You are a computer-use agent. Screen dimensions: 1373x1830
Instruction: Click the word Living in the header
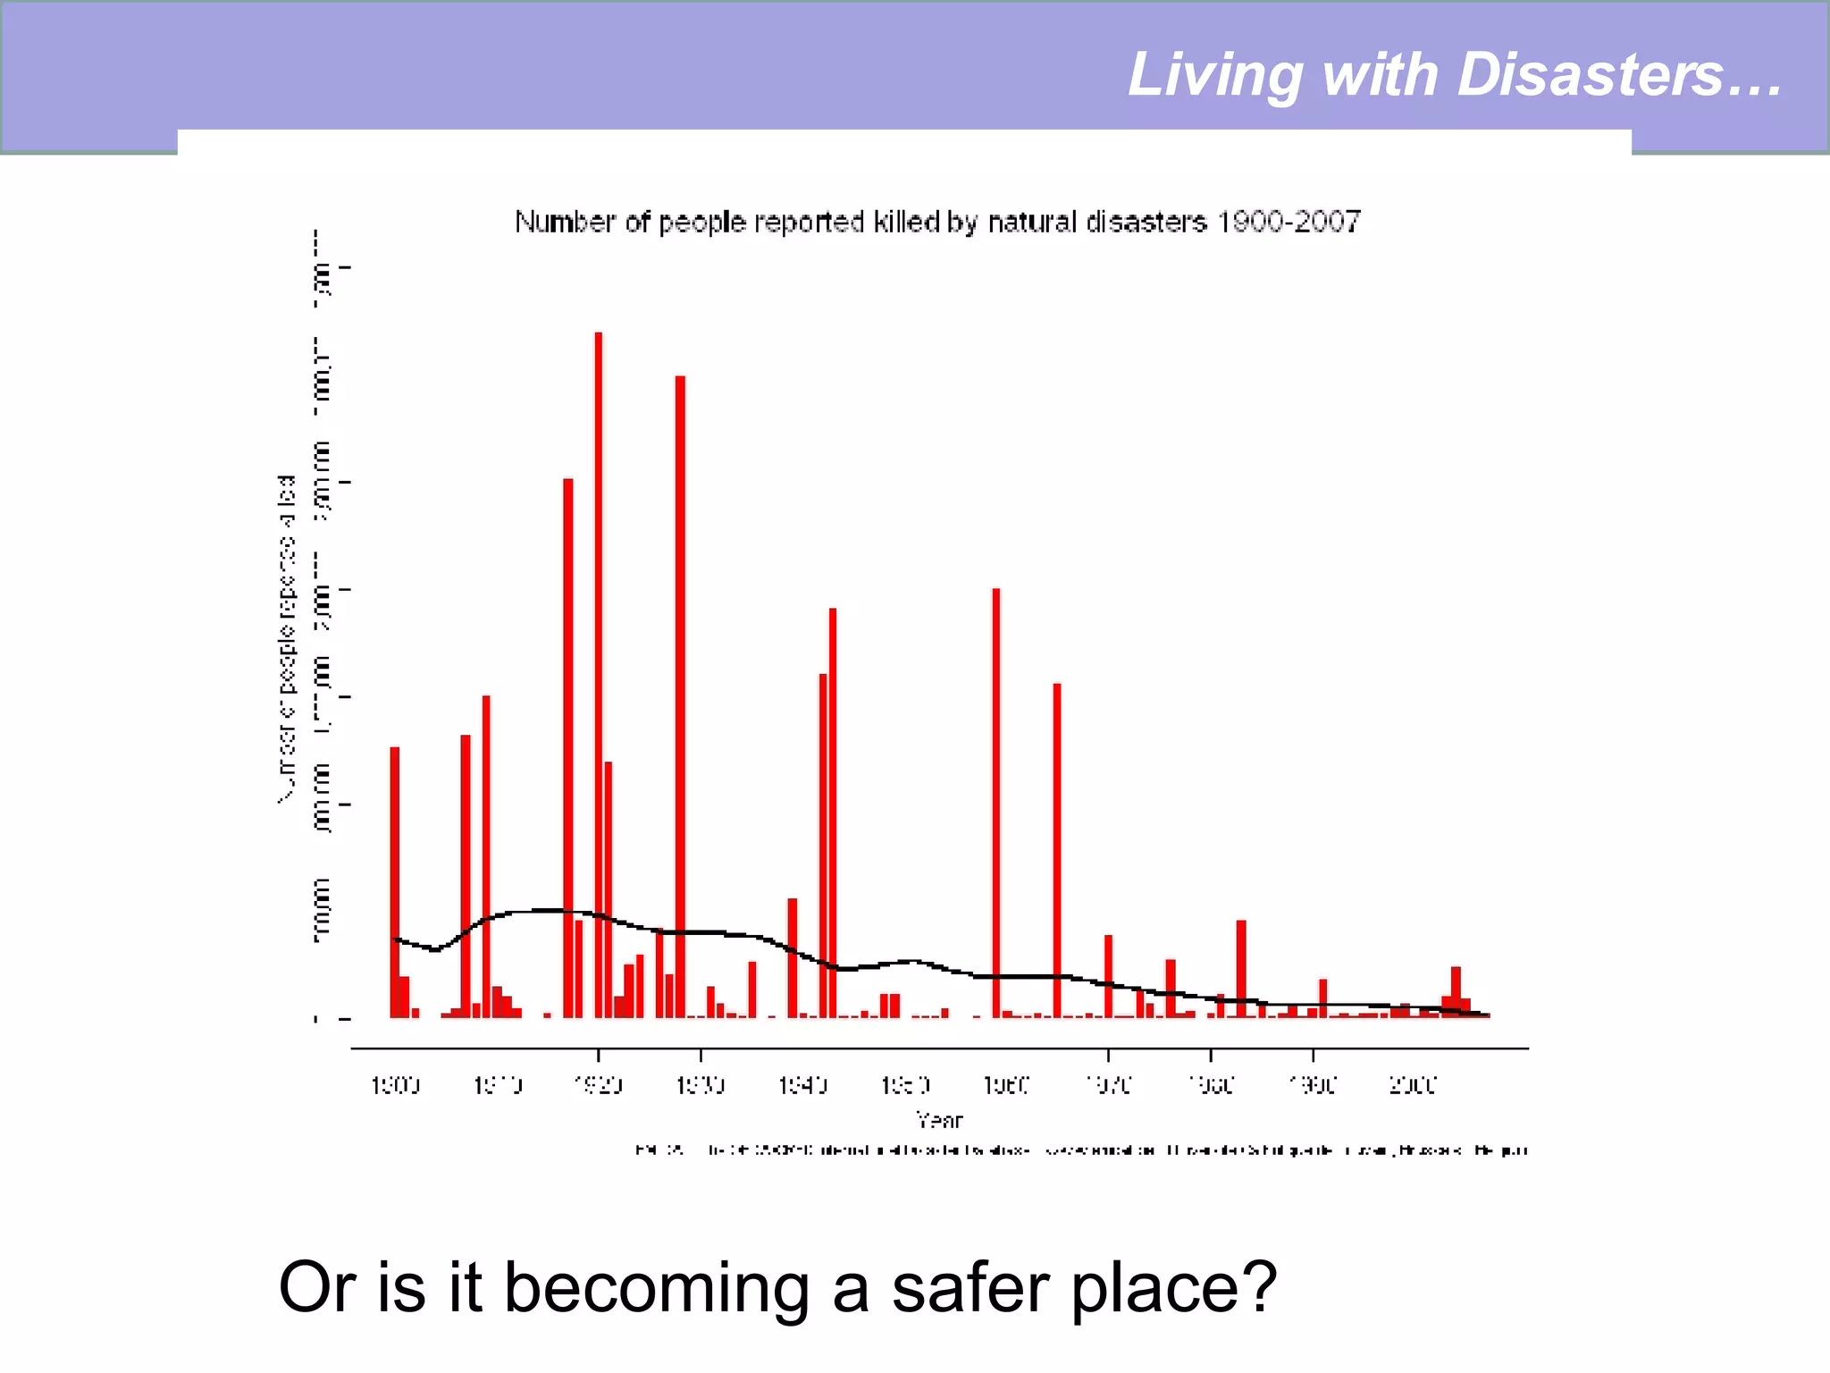click(x=1214, y=76)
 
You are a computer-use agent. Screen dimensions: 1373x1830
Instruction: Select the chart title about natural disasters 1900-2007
click(x=937, y=222)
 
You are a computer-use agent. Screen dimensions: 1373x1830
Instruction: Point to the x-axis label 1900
click(x=395, y=1085)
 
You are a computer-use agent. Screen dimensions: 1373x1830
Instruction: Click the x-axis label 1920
click(x=598, y=1085)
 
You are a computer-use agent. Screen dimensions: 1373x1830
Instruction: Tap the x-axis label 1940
click(x=802, y=1085)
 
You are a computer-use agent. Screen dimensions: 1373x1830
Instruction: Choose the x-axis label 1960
click(x=1006, y=1085)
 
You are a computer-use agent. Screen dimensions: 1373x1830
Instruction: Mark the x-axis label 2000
click(x=1413, y=1085)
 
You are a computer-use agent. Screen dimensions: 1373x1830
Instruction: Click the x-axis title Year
click(x=939, y=1119)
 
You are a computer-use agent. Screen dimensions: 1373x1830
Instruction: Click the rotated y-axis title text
click(x=286, y=639)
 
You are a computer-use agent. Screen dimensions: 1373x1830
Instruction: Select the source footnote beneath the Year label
click(x=1081, y=1150)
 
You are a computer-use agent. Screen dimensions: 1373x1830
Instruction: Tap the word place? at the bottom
click(x=1174, y=1288)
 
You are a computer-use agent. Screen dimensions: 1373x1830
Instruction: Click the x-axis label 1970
click(x=1108, y=1085)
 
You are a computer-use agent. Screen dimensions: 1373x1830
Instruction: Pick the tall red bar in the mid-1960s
click(x=1057, y=849)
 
